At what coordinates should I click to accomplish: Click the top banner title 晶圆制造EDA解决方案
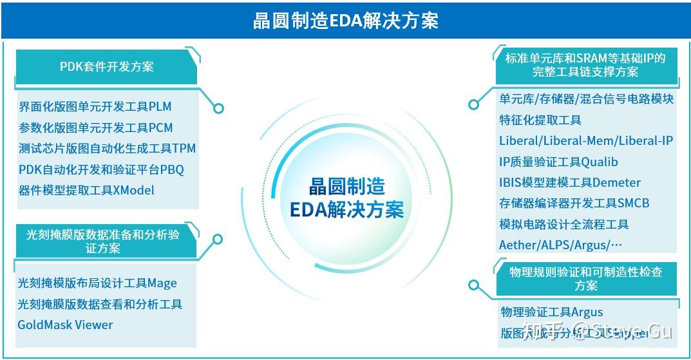point(345,21)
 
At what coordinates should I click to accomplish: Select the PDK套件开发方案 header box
point(106,66)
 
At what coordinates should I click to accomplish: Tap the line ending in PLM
point(95,106)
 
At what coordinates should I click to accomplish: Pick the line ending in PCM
point(96,128)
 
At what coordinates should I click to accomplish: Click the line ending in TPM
point(107,148)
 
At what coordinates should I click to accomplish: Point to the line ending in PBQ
point(101,169)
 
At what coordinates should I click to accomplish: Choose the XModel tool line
point(87,190)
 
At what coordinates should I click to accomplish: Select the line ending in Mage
point(97,283)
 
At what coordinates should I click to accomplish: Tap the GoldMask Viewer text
point(65,325)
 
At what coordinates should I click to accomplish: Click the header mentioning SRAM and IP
point(585,64)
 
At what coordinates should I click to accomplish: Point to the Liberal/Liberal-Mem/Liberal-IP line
point(586,140)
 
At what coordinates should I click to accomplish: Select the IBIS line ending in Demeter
point(570,182)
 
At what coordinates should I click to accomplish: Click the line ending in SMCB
point(574,204)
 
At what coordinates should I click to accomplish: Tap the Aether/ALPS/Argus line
point(561,245)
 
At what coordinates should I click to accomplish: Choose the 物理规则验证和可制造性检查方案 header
point(585,278)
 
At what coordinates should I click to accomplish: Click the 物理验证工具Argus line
point(552,312)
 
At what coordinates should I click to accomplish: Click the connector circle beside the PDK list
point(218,108)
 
